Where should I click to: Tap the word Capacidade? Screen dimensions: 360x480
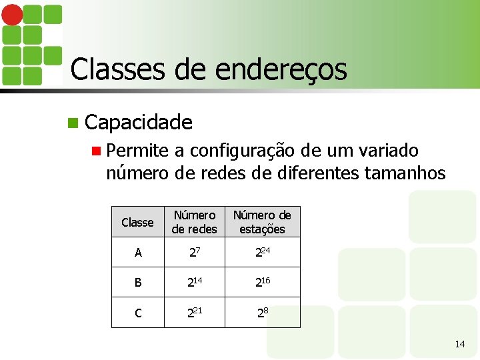139,122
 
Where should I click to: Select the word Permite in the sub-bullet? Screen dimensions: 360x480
137,151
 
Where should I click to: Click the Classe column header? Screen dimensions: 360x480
137,222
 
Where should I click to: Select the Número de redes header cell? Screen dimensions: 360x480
194,222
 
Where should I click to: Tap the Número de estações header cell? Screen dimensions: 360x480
262,222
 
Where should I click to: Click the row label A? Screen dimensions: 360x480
137,253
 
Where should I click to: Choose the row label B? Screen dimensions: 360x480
137,282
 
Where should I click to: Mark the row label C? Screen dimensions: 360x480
137,312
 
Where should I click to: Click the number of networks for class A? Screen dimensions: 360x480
193,252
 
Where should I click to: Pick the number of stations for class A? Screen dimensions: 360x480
262,252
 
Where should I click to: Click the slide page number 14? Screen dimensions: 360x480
459,344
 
